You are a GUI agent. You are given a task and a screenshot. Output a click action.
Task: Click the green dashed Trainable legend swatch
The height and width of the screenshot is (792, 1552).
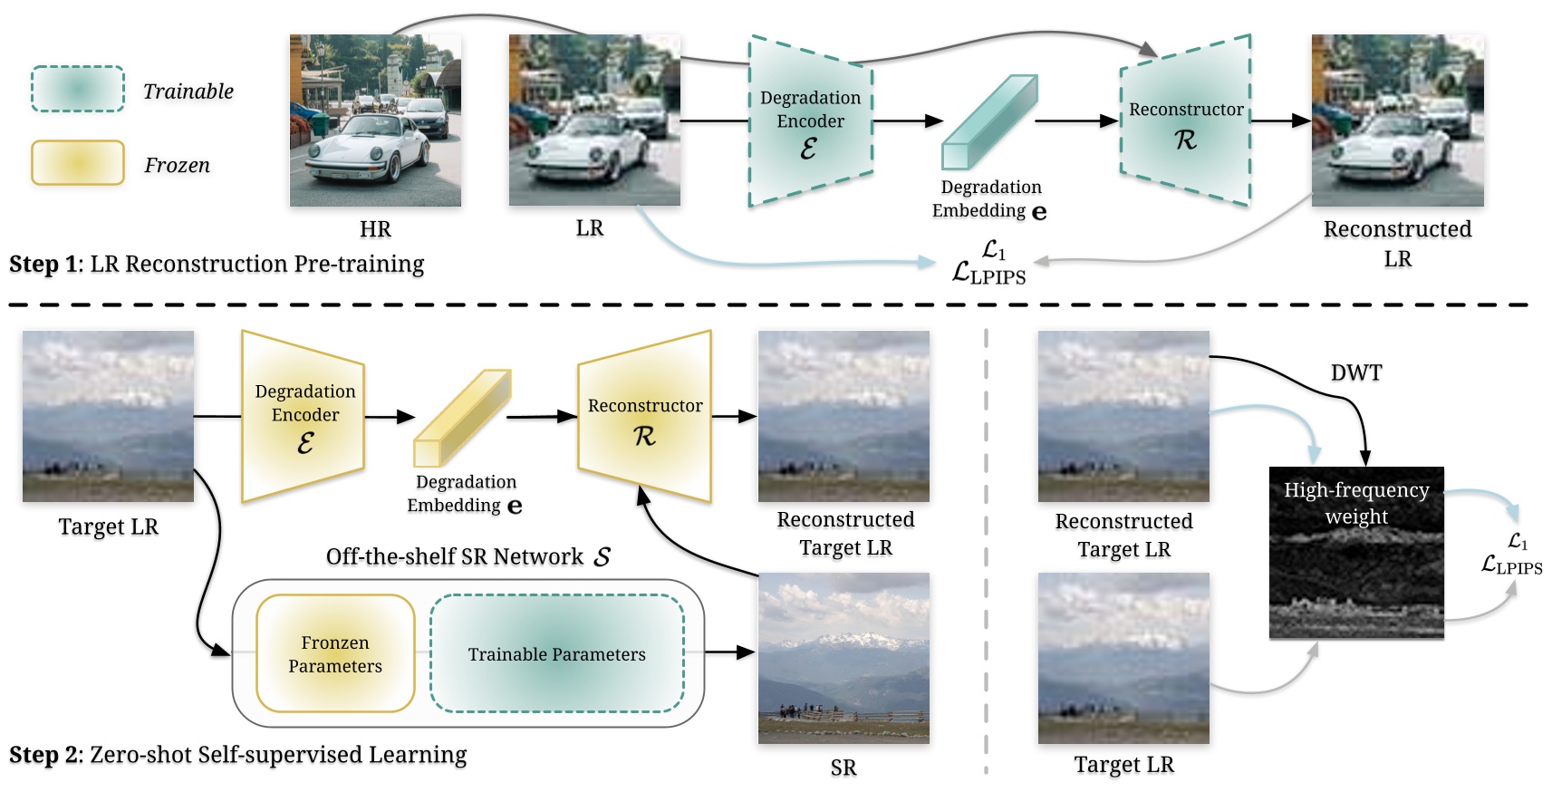click(x=77, y=89)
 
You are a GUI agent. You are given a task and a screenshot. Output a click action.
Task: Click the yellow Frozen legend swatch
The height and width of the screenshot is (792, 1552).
click(x=77, y=163)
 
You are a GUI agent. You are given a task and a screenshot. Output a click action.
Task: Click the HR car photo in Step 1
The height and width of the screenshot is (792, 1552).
click(x=375, y=121)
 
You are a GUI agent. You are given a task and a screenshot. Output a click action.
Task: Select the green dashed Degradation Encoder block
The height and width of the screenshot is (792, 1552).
click(x=810, y=121)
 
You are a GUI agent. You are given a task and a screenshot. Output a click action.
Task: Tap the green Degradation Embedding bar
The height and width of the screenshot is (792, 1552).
click(x=988, y=122)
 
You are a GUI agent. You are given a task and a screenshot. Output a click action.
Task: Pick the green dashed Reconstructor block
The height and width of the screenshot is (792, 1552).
click(x=1186, y=121)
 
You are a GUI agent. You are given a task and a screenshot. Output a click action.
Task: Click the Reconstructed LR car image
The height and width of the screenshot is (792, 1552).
click(x=1397, y=121)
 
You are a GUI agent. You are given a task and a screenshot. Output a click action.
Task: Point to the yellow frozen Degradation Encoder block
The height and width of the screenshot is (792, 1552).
click(x=304, y=416)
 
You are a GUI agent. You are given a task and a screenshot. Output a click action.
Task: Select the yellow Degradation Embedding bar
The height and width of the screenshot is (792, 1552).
click(x=462, y=418)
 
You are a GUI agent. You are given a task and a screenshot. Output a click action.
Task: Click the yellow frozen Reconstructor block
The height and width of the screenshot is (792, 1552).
click(x=645, y=416)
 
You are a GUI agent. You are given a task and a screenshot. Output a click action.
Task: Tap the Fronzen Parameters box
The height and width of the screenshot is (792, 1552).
click(x=335, y=653)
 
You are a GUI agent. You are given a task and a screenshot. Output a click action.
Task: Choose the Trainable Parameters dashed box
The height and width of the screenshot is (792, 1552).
click(x=556, y=653)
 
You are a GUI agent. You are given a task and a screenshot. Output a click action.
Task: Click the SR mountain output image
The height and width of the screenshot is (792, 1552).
click(x=843, y=658)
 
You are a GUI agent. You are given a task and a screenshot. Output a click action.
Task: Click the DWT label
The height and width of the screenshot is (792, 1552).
click(x=1356, y=372)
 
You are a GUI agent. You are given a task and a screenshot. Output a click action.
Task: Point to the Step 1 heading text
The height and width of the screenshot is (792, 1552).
click(x=217, y=264)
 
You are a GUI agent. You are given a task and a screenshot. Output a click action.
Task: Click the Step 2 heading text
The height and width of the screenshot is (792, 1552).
click(x=237, y=755)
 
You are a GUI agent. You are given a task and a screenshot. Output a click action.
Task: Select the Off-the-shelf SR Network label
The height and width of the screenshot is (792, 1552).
click(x=468, y=556)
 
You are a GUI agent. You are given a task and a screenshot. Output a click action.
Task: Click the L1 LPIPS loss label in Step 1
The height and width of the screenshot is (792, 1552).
click(x=990, y=263)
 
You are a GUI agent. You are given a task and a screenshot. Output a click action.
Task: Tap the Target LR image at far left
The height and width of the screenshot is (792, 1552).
click(x=108, y=416)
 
